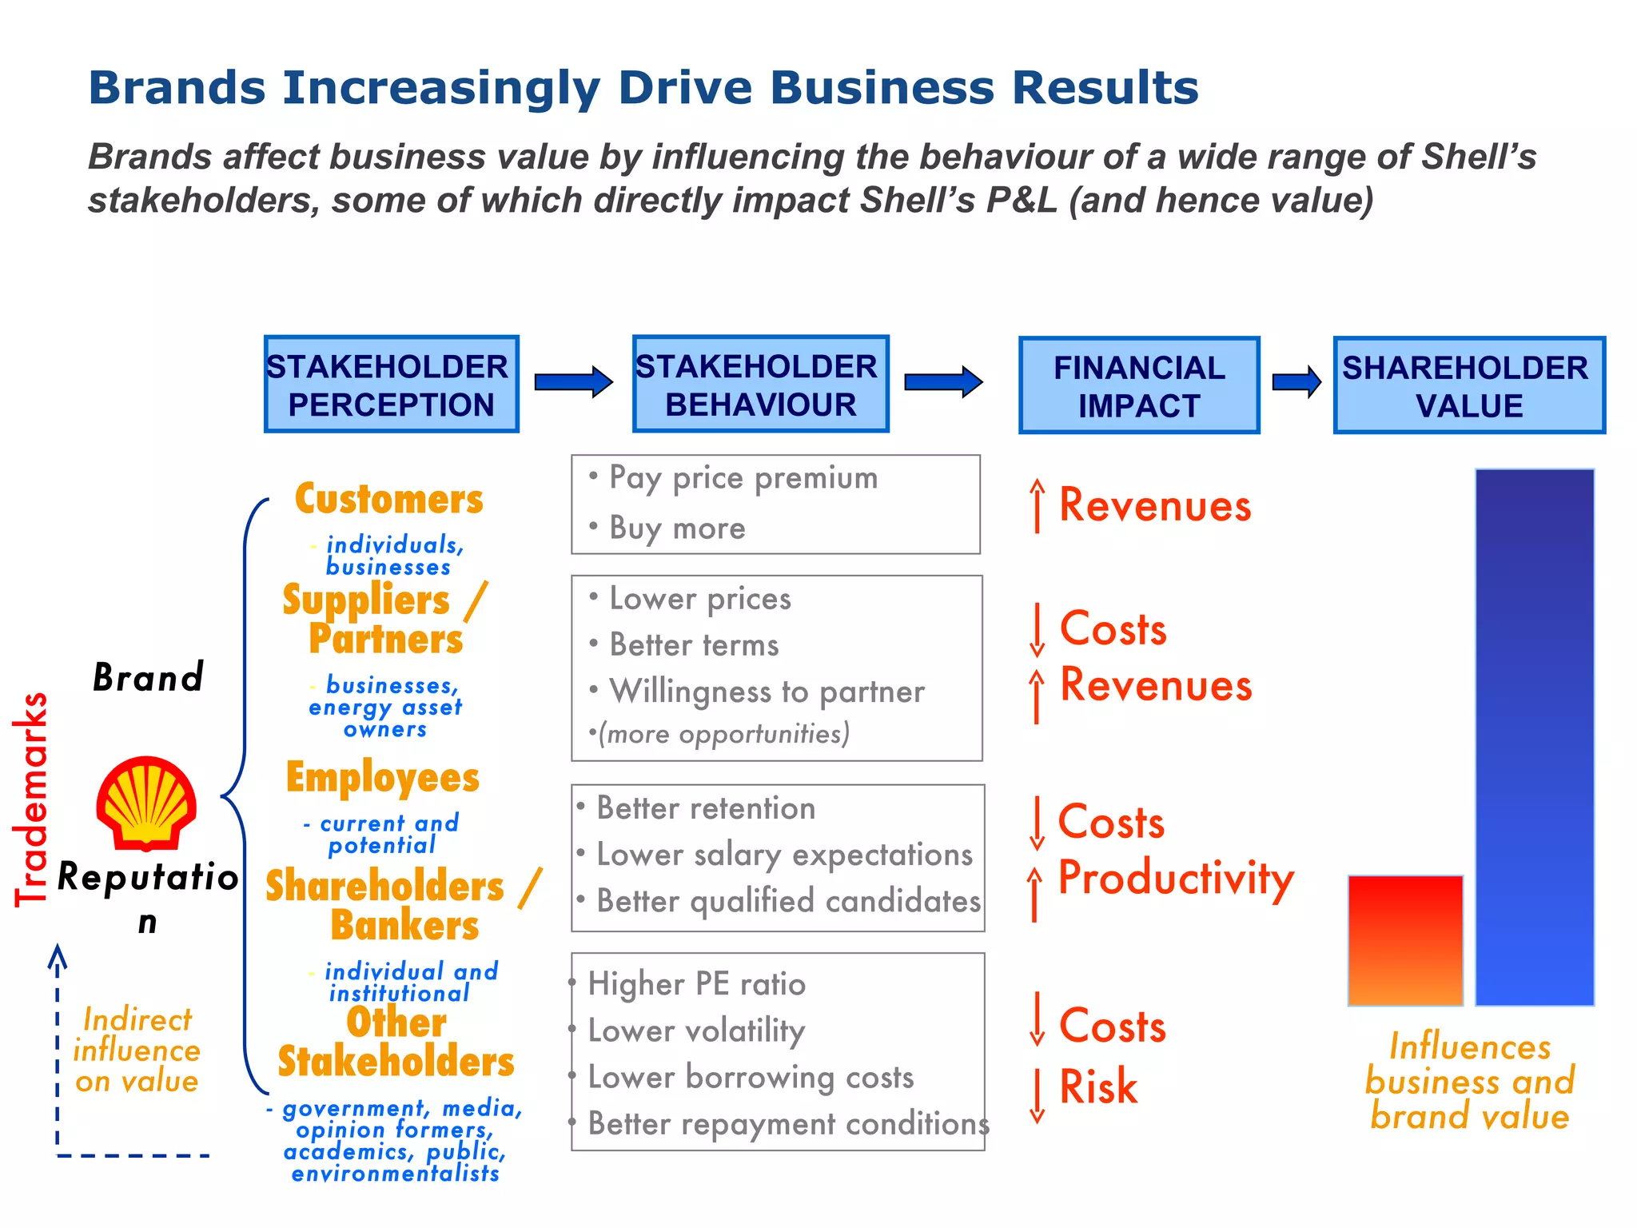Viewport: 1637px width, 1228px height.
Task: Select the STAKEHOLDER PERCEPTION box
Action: [391, 385]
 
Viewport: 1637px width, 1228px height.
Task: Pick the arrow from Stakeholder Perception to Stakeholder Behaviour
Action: [573, 381]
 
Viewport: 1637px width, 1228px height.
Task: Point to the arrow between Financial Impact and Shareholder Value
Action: [1296, 381]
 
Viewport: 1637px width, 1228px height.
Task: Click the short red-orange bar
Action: [1405, 940]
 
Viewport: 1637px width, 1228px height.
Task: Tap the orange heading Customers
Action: [389, 499]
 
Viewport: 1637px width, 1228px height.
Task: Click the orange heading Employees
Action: [383, 778]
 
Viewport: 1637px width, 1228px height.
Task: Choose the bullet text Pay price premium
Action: [743, 478]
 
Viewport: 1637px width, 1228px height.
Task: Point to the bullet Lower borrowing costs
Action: [750, 1078]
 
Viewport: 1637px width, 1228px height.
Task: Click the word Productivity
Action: [1176, 878]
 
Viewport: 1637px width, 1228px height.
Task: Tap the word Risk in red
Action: [1098, 1086]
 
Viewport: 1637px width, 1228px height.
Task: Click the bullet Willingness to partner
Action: [767, 692]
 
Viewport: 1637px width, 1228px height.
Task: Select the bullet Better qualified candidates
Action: [788, 901]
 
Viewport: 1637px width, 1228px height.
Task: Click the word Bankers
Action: [404, 926]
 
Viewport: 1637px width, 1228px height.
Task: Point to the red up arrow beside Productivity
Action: [1035, 894]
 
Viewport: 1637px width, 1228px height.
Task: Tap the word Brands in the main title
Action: [177, 87]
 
